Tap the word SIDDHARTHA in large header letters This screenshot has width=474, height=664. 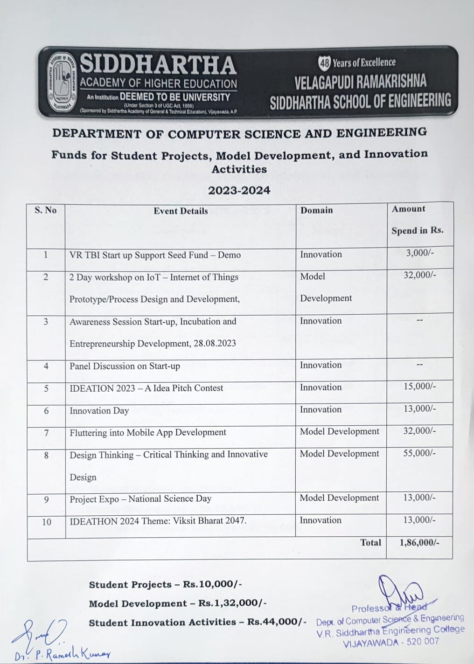158,64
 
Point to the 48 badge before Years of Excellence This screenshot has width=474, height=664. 324,62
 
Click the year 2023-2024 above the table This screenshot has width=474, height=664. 239,190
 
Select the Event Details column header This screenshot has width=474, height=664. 181,211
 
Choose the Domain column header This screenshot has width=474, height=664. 316,210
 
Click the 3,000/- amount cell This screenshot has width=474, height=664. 420,253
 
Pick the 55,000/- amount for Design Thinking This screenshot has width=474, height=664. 419,453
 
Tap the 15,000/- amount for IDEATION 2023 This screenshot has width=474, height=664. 419,386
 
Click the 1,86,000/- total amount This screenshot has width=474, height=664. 419,542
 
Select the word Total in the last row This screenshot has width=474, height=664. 370,542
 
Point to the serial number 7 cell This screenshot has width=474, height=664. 46,433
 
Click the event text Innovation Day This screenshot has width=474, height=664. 99,411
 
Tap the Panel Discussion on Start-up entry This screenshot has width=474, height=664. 125,366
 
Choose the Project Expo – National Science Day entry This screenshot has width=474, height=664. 140,499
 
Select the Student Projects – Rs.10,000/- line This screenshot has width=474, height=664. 165,585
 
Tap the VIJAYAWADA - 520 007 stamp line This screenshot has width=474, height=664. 391,642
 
